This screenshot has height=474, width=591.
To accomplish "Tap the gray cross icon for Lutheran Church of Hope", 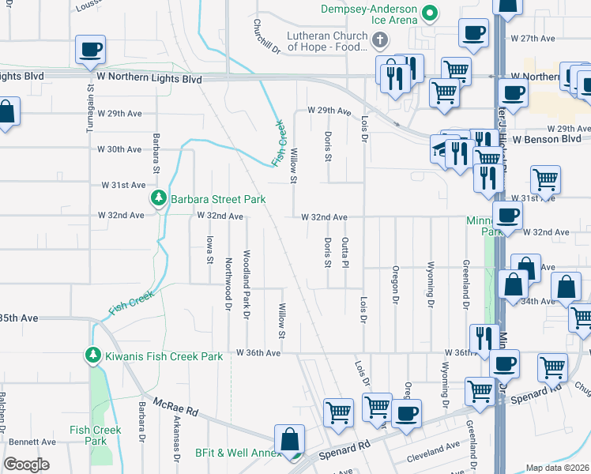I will pos(379,40).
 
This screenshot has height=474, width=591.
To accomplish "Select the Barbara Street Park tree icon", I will pos(159,198).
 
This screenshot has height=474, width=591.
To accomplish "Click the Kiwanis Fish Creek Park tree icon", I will pos(93,355).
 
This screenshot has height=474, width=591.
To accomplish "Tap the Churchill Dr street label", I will pos(267,36).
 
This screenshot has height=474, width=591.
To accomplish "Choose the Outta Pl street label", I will pos(344,252).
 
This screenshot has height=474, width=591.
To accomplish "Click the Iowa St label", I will pos(209,248).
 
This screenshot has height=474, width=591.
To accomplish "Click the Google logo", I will pos(26,465).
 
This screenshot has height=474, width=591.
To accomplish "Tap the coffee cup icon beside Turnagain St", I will pos(90,49).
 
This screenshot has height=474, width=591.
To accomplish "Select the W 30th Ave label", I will pos(119,149).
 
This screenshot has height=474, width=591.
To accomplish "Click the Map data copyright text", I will pos(558,468).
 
